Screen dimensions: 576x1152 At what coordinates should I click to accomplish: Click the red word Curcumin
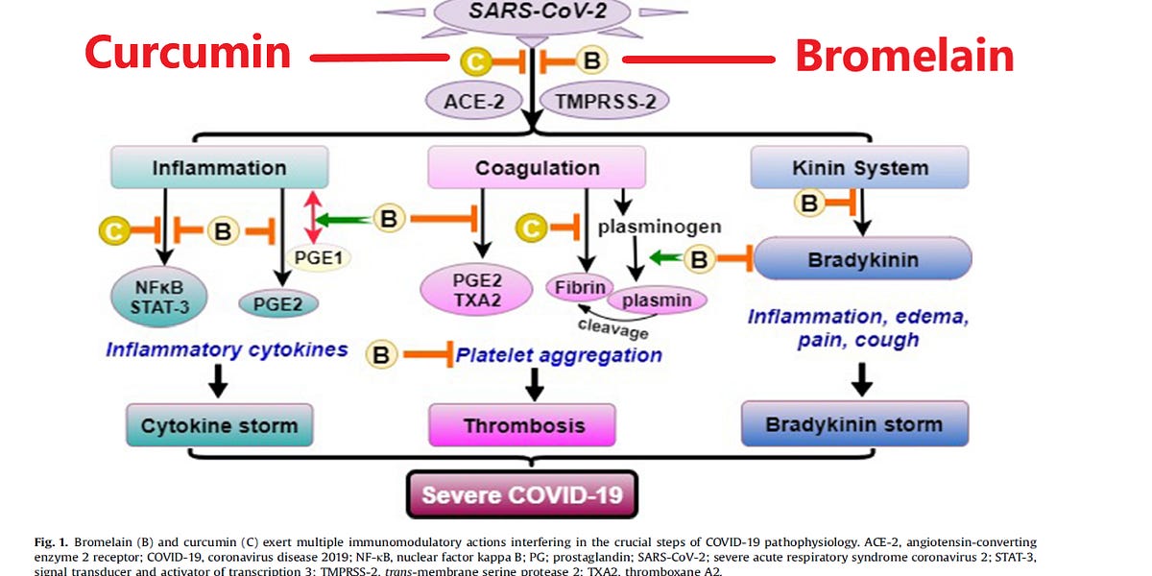(188, 53)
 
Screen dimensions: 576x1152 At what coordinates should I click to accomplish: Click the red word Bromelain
(904, 56)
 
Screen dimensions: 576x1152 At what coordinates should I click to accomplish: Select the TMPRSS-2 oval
(605, 100)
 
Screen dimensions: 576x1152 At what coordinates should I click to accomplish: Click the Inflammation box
(219, 168)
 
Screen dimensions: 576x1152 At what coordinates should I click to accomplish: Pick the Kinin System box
(860, 168)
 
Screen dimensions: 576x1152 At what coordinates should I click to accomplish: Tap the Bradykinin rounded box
(863, 259)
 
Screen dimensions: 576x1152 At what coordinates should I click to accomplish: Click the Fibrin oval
(576, 286)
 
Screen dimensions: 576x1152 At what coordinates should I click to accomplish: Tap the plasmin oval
(656, 300)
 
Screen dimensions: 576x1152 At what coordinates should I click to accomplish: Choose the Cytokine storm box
(219, 425)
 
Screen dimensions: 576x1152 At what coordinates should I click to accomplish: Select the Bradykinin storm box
(854, 423)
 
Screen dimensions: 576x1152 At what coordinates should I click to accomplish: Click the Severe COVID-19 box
(522, 495)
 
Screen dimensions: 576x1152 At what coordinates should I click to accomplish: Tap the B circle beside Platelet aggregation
(382, 354)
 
